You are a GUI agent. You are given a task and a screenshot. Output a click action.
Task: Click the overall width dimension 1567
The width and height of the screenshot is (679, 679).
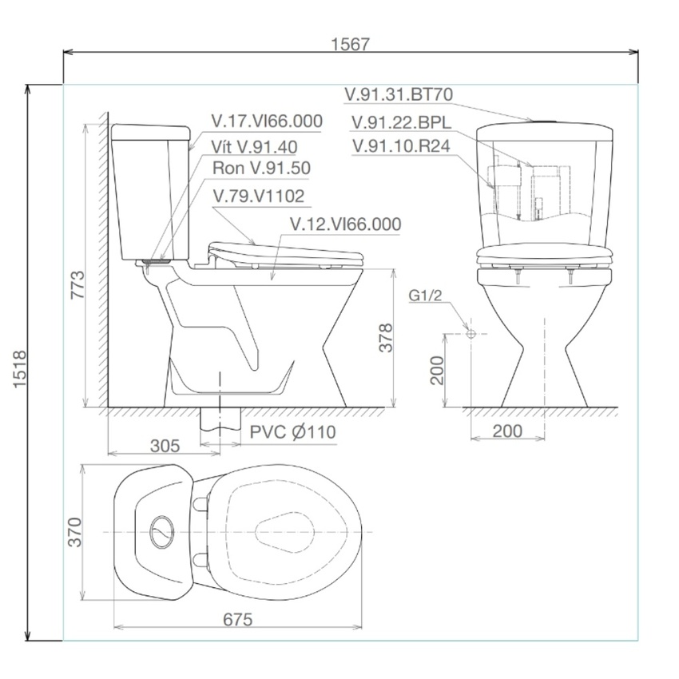click(351, 44)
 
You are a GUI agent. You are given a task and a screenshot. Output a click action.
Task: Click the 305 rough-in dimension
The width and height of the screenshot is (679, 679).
click(165, 445)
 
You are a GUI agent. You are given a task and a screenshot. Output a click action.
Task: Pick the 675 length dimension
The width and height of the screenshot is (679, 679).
click(237, 619)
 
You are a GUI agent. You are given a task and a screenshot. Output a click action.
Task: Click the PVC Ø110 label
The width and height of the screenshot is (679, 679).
click(292, 432)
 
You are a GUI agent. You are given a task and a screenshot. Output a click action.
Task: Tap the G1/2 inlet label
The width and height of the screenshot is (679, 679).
click(425, 296)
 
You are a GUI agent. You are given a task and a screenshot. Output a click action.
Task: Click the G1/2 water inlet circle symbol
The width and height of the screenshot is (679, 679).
click(471, 332)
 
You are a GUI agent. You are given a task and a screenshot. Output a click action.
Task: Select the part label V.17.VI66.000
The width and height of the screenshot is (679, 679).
click(267, 121)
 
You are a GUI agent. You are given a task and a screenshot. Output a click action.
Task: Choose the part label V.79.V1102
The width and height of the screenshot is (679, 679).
click(259, 196)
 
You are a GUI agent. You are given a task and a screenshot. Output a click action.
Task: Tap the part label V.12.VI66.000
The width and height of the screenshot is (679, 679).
click(345, 224)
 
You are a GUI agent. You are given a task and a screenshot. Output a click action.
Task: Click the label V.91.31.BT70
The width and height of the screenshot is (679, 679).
click(399, 94)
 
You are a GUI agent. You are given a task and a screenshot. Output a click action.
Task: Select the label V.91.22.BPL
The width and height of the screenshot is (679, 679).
click(401, 121)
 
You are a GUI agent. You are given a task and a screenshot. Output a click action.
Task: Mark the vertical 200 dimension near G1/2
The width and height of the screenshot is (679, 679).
click(437, 370)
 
